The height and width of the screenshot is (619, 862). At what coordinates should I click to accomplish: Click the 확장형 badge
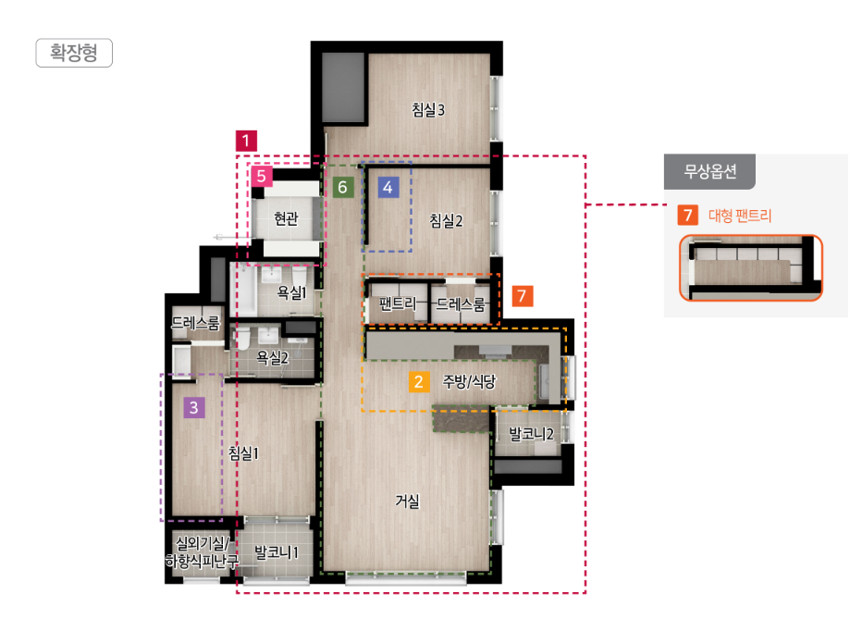74,53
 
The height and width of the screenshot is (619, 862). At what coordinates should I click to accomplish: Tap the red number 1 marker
246,141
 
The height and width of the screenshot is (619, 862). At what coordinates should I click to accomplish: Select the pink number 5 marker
261,176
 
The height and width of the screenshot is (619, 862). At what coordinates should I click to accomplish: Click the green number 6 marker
342,187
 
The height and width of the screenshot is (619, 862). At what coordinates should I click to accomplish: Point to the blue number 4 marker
388,187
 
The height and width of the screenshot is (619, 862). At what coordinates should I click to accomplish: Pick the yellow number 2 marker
419,381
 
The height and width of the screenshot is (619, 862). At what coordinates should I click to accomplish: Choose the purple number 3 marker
194,407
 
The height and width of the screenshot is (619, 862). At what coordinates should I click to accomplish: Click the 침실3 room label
428,109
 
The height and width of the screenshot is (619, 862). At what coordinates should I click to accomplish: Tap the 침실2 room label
446,220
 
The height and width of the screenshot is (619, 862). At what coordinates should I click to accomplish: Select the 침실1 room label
243,453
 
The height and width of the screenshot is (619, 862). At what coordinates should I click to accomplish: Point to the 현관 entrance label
287,218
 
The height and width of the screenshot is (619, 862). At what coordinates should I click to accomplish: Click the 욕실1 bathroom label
291,292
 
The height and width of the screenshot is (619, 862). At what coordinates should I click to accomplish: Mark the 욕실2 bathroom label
272,358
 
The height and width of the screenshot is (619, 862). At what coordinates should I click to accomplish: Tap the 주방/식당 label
469,381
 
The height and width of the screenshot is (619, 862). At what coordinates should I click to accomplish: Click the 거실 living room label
407,501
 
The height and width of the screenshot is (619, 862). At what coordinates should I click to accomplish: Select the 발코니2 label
531,434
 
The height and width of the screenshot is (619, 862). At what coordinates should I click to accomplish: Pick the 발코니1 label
276,552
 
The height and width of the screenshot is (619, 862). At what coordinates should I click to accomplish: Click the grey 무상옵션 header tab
709,171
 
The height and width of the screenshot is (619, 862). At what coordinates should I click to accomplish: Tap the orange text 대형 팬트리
740,215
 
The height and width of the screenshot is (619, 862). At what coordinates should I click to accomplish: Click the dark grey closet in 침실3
343,87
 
